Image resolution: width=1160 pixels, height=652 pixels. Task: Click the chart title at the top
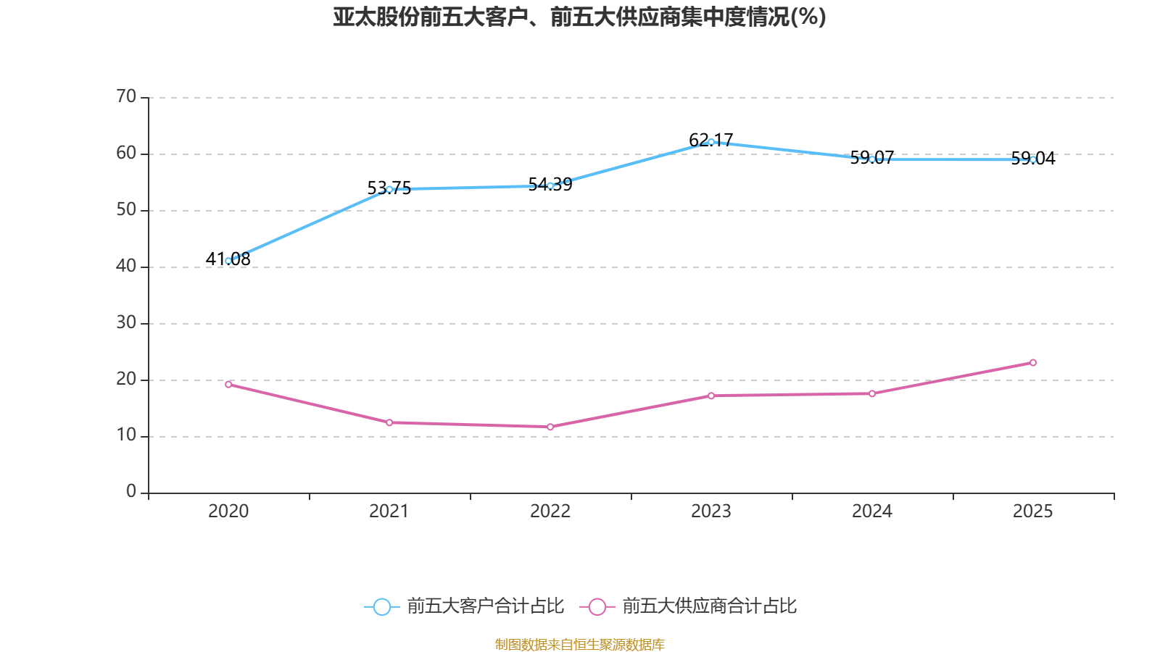point(579,17)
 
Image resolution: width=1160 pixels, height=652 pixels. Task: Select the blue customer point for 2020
point(228,261)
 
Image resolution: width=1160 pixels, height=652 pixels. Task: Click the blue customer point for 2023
point(711,142)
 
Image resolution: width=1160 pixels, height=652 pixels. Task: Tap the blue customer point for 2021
point(389,189)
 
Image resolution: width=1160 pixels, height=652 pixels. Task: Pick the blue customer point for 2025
point(1033,159)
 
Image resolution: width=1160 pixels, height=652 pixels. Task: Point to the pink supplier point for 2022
point(550,427)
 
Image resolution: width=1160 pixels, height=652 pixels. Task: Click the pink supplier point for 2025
point(1033,362)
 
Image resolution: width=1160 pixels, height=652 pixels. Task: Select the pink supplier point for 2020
point(228,384)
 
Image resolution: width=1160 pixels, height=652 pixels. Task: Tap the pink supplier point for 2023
point(711,396)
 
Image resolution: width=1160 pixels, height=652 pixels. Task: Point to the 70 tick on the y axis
point(126,96)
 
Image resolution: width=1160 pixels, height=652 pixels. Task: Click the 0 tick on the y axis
point(131,492)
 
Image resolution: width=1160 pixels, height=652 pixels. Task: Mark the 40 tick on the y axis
point(126,266)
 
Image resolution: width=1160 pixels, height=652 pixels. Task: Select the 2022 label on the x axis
point(550,511)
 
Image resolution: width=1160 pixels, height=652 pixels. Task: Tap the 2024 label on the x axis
point(872,511)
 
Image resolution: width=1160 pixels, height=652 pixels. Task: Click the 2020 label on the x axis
point(228,511)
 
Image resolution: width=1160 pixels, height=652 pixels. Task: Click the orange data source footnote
point(579,644)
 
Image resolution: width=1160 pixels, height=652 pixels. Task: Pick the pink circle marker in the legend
point(597,606)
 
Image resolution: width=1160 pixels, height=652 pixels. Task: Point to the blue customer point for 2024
point(872,159)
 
